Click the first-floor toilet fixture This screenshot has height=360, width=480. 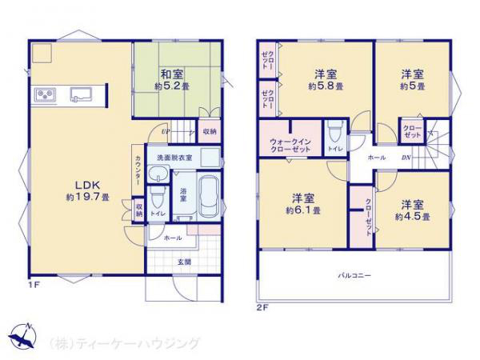(158, 198)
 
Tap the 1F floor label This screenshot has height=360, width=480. (35, 285)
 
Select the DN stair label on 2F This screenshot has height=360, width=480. (406, 158)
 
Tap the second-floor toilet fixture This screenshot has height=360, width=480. (334, 130)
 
